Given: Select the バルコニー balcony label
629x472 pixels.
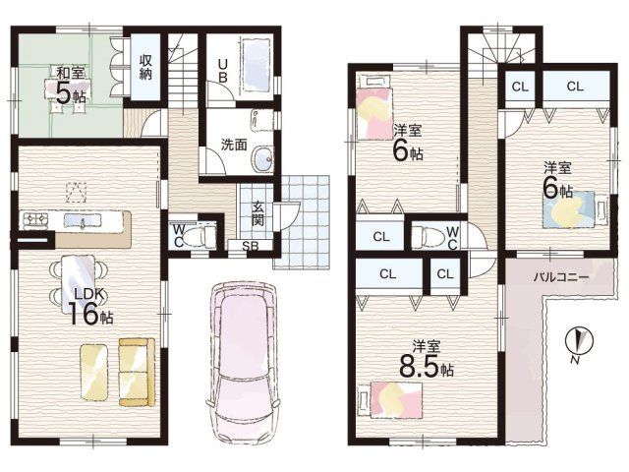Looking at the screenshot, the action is click(561, 277).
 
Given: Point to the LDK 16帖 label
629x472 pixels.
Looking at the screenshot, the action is click(89, 306).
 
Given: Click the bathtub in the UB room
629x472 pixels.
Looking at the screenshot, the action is click(257, 67).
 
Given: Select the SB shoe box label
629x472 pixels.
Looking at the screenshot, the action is click(251, 246).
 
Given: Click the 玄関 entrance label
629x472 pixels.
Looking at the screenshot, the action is click(257, 212).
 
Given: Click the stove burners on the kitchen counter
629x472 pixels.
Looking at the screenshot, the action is click(36, 219).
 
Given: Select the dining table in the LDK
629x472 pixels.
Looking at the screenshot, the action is click(79, 284).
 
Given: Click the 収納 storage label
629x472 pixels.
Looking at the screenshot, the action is click(145, 67).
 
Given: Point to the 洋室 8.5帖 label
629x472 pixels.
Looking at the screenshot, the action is click(426, 358).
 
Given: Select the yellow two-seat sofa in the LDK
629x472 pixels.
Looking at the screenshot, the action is click(137, 372).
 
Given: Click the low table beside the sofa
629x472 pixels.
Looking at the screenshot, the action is click(94, 372).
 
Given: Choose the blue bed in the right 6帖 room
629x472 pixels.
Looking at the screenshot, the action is click(575, 209).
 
